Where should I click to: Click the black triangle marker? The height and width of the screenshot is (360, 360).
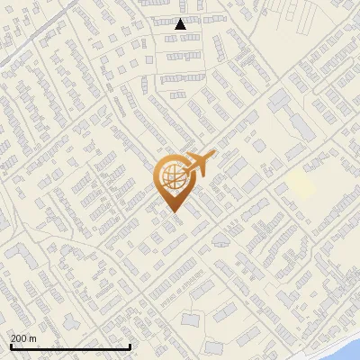point(180,24)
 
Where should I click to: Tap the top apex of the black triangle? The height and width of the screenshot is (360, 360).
point(180,19)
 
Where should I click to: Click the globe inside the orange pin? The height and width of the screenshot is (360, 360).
point(172,177)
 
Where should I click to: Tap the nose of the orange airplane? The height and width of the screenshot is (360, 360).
point(214,156)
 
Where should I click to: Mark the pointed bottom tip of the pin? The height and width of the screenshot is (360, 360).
point(173,211)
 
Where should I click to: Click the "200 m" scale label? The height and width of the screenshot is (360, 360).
point(23,338)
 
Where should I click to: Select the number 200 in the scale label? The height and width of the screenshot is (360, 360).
point(19,338)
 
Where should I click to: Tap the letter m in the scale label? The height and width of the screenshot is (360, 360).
point(33,338)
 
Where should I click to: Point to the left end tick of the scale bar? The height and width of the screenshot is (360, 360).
point(11,345)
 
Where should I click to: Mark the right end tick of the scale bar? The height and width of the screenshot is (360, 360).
point(130,345)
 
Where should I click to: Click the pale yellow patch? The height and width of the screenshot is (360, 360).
point(301,186)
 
